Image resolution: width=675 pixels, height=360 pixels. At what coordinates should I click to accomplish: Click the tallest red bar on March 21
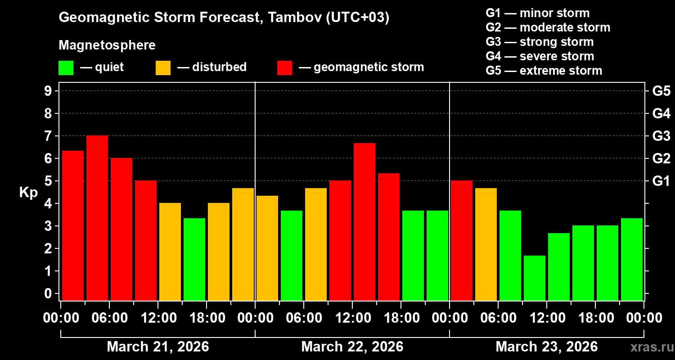(x=97, y=218)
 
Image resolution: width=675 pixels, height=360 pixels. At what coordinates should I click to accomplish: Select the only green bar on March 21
(x=194, y=259)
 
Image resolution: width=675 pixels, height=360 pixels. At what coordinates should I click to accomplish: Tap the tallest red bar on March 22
(x=364, y=221)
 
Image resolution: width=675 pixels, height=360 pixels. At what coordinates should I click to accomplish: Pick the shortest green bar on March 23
(x=535, y=278)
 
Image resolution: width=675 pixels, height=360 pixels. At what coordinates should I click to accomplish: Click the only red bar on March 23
(x=462, y=240)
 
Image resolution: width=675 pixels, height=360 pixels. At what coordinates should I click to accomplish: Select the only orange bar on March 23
(x=486, y=244)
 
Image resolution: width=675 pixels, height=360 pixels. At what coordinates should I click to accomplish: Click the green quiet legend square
(x=66, y=68)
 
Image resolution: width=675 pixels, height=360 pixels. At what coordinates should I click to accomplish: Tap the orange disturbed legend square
(x=163, y=68)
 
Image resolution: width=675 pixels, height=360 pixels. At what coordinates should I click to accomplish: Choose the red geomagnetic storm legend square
(x=284, y=68)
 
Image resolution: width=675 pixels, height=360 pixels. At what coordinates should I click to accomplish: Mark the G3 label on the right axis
(x=661, y=136)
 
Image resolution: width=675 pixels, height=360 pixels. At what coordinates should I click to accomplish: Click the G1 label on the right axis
(x=661, y=181)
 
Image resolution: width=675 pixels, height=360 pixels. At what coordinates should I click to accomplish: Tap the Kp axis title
(x=28, y=193)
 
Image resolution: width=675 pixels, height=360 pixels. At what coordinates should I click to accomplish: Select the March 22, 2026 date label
(x=352, y=347)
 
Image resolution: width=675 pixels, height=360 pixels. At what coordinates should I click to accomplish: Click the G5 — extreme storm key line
(x=544, y=71)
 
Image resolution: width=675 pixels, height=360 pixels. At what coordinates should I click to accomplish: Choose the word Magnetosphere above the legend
(x=107, y=45)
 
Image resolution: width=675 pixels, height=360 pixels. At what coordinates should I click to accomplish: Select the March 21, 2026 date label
(x=157, y=347)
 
